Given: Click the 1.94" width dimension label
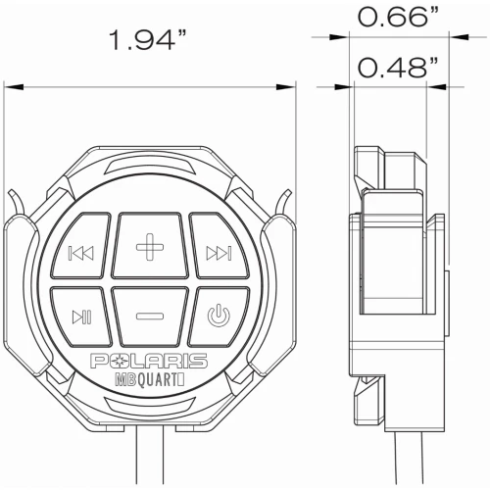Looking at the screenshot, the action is coord(148,40).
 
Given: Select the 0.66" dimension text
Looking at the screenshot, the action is coord(398,17).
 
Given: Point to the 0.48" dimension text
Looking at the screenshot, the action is coord(398,68).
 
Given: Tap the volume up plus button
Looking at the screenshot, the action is coord(150,246).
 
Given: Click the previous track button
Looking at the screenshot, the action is coord(81,247).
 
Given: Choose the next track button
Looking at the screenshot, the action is coord(220,247).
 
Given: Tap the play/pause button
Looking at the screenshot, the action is coord(81,317).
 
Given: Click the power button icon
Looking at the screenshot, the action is coord(219,316).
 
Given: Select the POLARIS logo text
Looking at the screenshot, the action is coord(149,361).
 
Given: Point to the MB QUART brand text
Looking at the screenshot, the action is coord(150,380).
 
